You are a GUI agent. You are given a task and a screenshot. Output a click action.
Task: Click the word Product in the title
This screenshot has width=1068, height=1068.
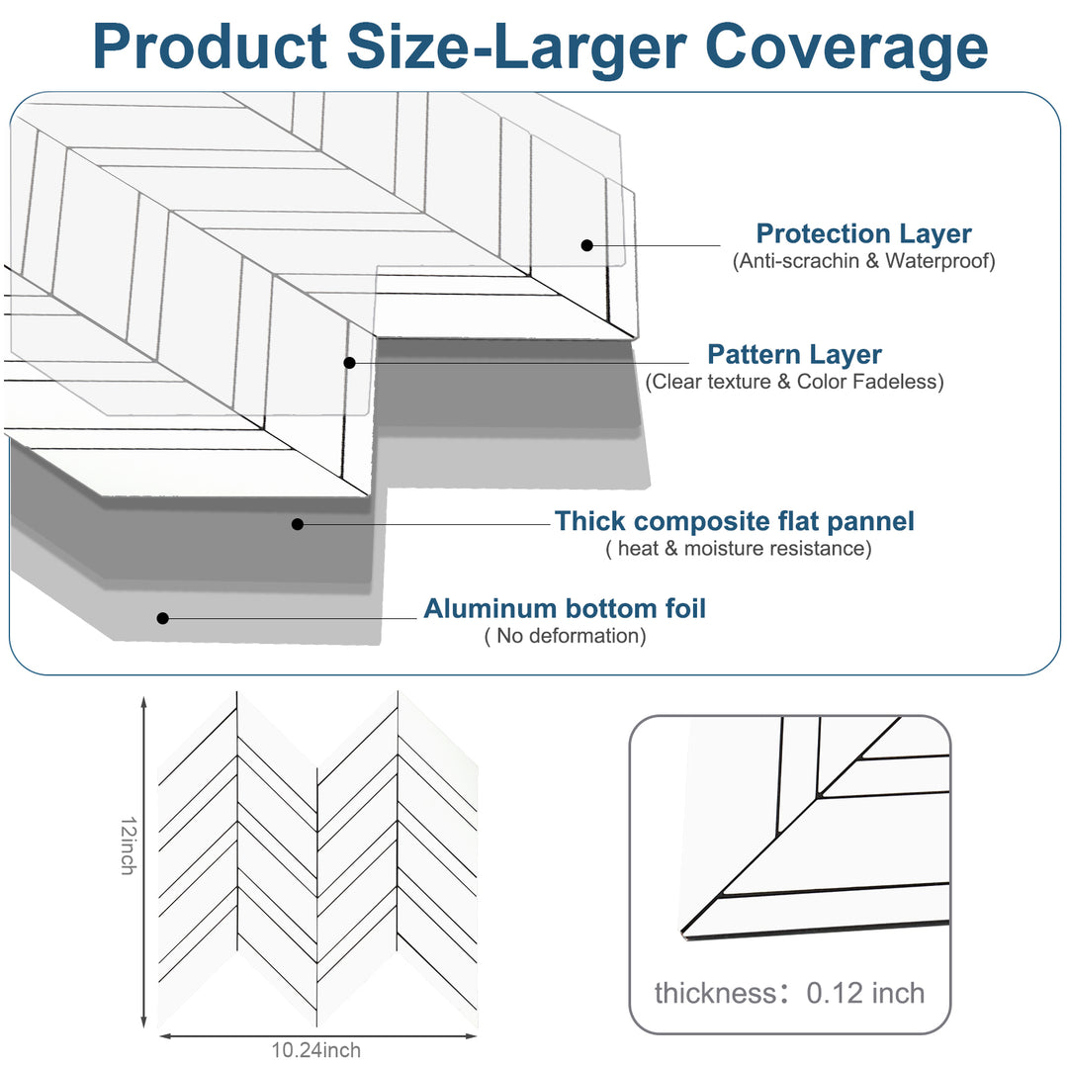pos(210,45)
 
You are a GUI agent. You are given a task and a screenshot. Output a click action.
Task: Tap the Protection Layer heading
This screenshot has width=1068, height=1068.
pos(863,234)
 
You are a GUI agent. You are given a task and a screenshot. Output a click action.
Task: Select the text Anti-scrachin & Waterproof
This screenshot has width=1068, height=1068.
pos(863,261)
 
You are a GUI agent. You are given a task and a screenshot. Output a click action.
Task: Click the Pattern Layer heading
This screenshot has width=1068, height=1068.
pos(794,354)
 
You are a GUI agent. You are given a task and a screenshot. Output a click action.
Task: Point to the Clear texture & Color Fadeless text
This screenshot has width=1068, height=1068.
pos(794,382)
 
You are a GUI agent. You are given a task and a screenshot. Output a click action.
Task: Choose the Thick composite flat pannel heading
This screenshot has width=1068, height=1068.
pos(735,520)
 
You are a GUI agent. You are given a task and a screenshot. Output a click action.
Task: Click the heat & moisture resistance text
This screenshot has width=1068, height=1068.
pos(739,548)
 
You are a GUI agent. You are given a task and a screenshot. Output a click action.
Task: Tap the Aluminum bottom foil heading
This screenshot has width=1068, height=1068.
pos(565,608)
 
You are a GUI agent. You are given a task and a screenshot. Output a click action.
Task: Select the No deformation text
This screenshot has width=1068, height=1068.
pos(565,636)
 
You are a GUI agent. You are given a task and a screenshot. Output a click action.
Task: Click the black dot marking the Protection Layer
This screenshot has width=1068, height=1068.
pos(586,245)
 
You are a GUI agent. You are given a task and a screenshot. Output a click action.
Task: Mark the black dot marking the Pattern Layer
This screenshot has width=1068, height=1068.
pos(349,363)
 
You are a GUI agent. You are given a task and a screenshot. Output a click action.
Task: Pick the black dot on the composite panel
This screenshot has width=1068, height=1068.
pos(298,524)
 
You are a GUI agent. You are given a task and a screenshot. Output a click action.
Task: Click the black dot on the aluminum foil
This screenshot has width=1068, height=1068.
pos(163,618)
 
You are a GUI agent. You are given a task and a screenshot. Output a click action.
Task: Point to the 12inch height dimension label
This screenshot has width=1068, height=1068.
pos(127,845)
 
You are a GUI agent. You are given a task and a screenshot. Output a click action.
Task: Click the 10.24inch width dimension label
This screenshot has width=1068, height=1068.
pos(316,1050)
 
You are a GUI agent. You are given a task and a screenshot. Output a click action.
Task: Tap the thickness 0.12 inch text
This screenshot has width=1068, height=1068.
pos(789,993)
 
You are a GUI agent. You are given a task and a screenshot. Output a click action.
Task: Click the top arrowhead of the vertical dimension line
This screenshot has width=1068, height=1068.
pos(144,701)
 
